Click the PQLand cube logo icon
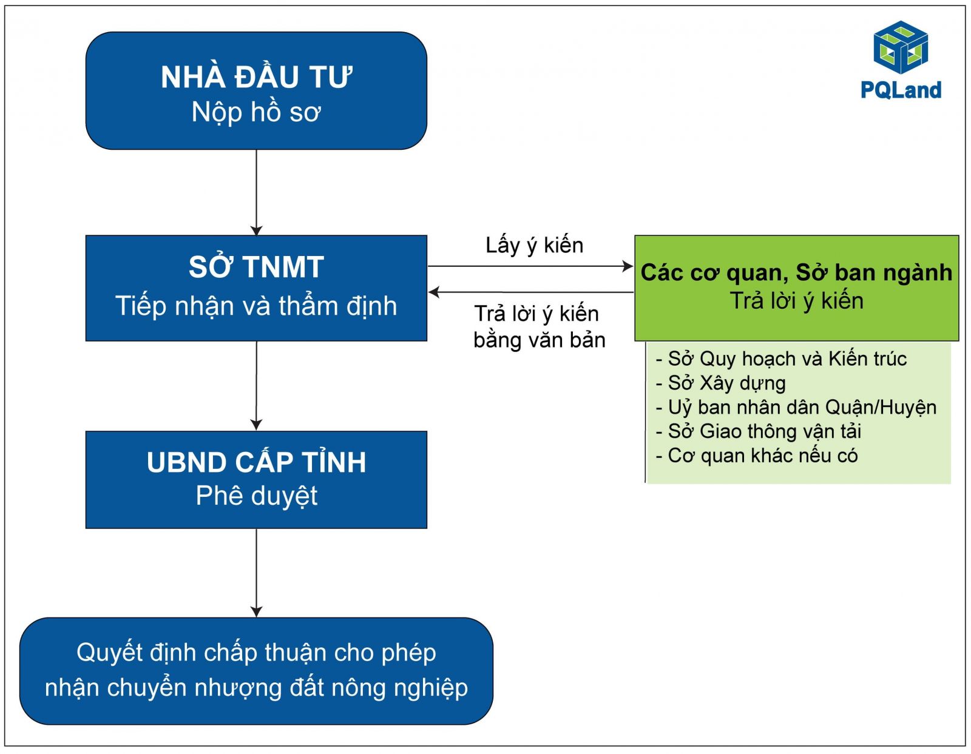901,47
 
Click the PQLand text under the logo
901,90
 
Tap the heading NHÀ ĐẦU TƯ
257,76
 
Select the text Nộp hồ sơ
256,112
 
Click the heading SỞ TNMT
256,266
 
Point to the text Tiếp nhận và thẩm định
256,306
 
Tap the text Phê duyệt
257,496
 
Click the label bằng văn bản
540,341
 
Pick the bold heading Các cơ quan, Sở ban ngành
796,273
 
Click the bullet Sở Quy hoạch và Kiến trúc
782,359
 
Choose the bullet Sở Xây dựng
721,383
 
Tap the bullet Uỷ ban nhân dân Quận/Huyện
796,408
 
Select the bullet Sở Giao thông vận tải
759,432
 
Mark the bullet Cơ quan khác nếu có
757,456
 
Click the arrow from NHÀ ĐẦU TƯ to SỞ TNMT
256,192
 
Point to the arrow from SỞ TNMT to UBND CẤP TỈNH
256,386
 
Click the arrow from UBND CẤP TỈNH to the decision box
256,573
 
